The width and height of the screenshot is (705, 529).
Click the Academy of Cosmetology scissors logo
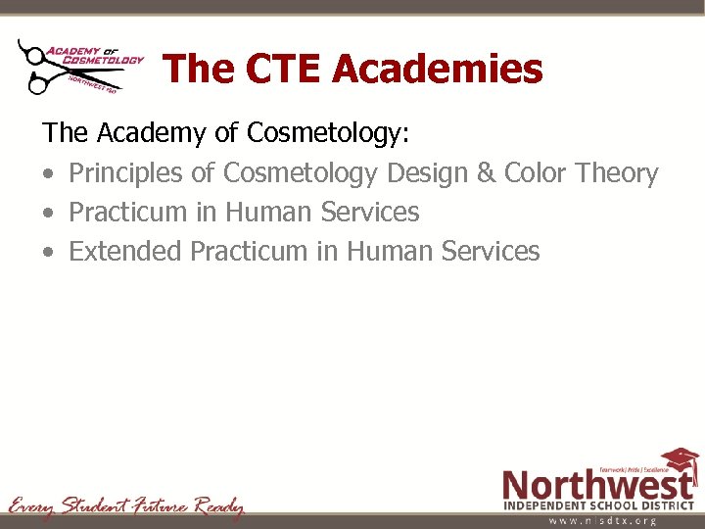click(x=80, y=66)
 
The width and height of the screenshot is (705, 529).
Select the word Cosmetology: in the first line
click(x=333, y=132)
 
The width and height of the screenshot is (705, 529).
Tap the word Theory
click(x=617, y=173)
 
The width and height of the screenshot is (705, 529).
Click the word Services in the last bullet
click(x=492, y=252)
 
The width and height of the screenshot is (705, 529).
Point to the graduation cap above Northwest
click(x=679, y=458)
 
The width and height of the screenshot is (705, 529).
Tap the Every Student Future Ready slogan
click(x=126, y=506)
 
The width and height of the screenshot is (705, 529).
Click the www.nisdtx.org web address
click(x=601, y=521)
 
